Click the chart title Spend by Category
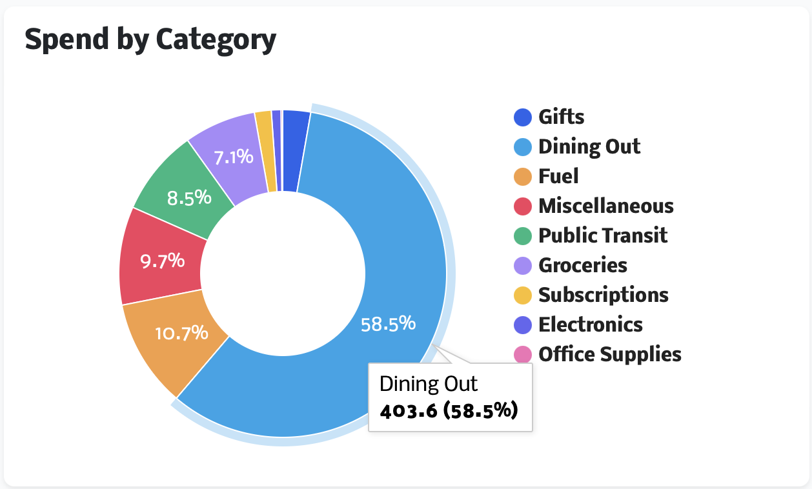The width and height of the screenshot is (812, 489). coord(150,40)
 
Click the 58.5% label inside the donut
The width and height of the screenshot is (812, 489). coord(388,323)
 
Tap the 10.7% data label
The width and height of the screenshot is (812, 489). coord(182,333)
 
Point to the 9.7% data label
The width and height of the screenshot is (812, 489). coord(163,261)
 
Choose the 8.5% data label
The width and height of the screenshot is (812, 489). coord(189,197)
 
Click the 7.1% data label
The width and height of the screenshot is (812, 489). coord(234,155)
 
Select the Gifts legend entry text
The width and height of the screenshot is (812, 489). coord(562,117)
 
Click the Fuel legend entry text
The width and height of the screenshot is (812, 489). coord(558,176)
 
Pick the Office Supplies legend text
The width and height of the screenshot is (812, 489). coord(610,354)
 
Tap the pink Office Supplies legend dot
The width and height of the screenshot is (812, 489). coord(523,354)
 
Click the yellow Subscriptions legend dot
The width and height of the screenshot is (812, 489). coord(523,295)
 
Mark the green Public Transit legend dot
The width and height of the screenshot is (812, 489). coord(523,235)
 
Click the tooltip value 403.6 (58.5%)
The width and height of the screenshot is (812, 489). coord(449,411)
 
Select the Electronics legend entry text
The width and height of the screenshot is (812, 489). coord(591,324)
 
